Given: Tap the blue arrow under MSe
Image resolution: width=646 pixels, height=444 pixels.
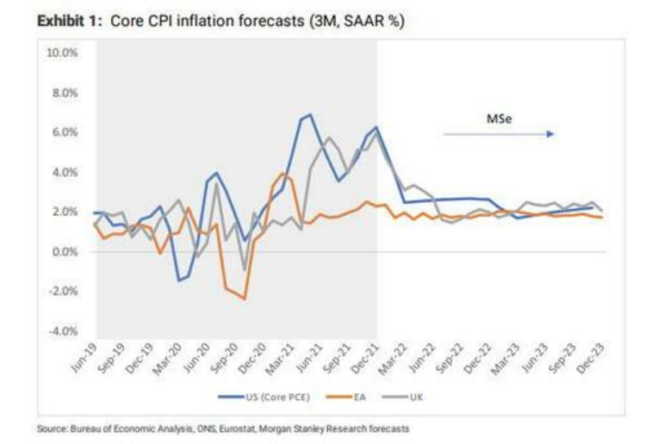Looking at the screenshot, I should pyautogui.click(x=500, y=134).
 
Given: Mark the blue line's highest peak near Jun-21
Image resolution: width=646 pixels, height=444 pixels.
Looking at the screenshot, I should pyautogui.click(x=309, y=114).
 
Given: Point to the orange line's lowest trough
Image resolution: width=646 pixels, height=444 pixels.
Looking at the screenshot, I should pyautogui.click(x=245, y=299).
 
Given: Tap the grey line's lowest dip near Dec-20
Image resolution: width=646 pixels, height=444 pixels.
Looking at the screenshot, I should pyautogui.click(x=245, y=269).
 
